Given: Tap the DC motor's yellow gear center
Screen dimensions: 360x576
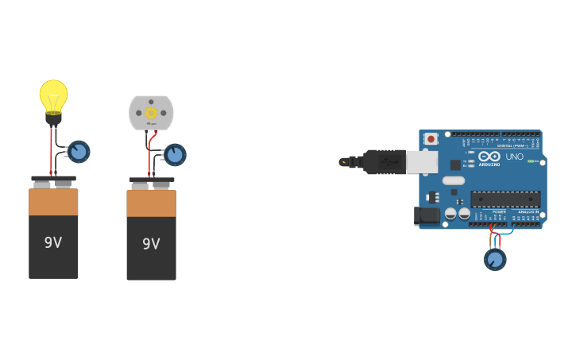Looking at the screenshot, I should [x=151, y=113].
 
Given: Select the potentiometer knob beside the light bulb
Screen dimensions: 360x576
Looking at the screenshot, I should [x=79, y=151].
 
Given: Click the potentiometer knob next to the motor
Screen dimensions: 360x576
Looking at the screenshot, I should [x=175, y=154].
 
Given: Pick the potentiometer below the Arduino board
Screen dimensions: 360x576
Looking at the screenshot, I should [x=495, y=259].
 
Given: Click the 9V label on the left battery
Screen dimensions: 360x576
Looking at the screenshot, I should [x=53, y=242].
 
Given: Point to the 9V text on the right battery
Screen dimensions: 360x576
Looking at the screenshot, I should [x=151, y=244].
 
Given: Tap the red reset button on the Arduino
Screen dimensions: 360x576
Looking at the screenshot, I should [x=431, y=139].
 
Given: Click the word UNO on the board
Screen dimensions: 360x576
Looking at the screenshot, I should [x=515, y=157].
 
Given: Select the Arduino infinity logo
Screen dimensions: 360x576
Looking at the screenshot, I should [x=489, y=157].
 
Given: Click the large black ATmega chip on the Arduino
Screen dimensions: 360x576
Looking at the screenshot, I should [x=505, y=199].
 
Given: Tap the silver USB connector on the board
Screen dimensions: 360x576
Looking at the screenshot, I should [x=422, y=162].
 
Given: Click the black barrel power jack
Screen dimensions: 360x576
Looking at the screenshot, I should [x=427, y=215].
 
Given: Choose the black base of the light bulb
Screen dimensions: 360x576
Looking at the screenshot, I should [x=53, y=120].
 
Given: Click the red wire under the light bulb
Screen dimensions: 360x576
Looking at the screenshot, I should [x=52, y=151].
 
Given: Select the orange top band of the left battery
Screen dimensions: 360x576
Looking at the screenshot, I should [x=53, y=202].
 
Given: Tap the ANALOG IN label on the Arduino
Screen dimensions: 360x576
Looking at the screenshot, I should [x=527, y=212].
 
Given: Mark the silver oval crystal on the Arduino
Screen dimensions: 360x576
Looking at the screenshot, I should [x=453, y=180].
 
